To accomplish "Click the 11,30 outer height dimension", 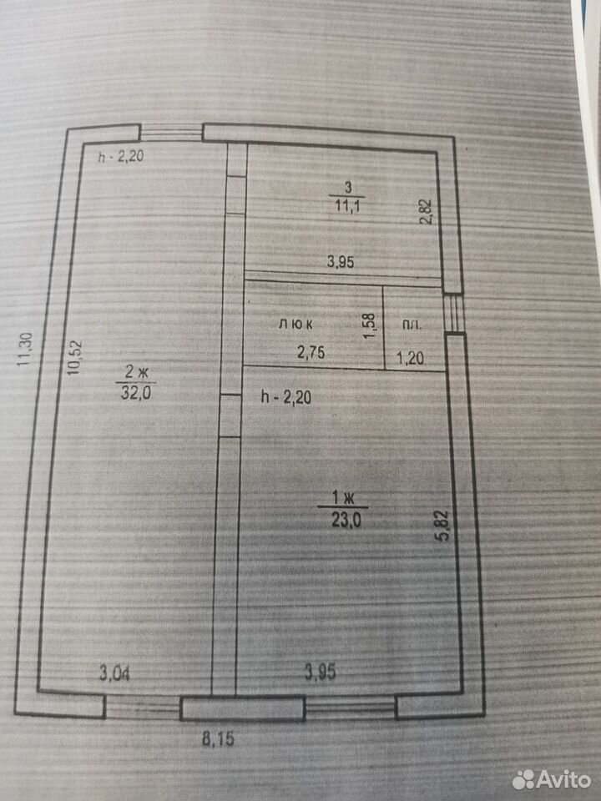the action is pos(25,350).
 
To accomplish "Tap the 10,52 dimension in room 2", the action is pos(74,358).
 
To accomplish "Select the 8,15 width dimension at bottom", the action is pos(218,738).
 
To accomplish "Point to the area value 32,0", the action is pos(136,393).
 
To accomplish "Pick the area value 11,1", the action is pos(348,206).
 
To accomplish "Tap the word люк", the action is pos(295,324).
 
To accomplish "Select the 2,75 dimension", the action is pos(311,352).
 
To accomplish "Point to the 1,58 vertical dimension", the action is pos(369,325).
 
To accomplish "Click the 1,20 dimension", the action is pos(411,358).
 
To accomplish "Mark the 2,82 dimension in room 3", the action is pos(426,211).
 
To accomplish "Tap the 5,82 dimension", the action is pos(443,526).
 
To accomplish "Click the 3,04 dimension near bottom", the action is pos(114,674).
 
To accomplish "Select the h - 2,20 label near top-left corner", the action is pos(121,156).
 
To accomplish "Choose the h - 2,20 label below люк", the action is pos(286,397).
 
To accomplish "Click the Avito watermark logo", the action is pos(552,779).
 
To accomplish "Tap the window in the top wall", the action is pos(171,133).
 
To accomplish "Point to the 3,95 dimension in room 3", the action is pos(341,262).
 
